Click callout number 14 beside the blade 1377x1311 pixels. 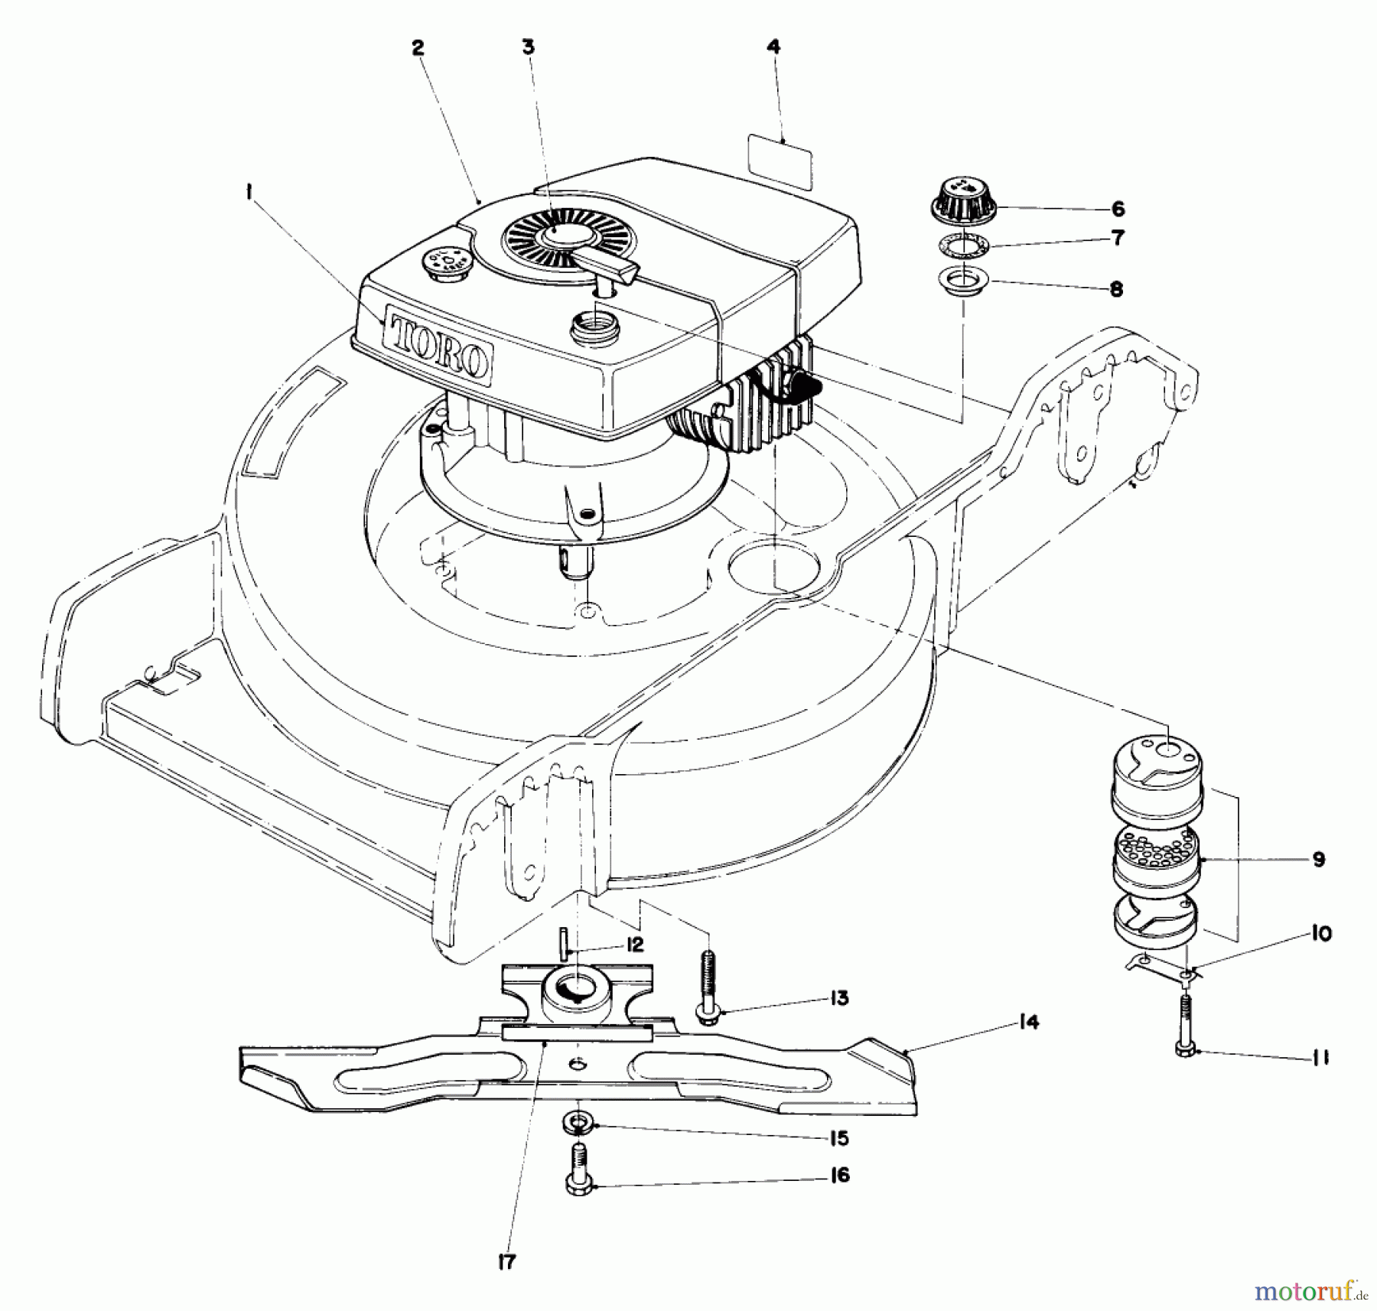click(1030, 1021)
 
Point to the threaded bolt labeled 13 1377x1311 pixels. click(708, 983)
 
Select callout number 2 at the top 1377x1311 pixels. click(417, 47)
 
